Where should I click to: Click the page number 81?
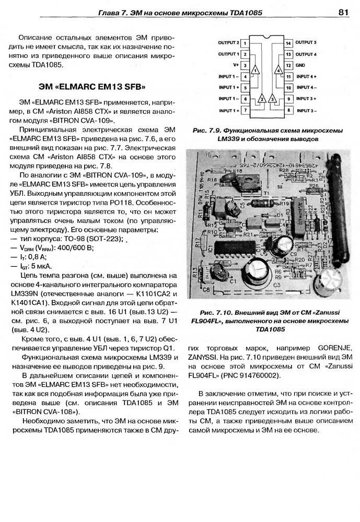click(343, 11)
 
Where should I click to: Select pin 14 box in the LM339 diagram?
click(288, 42)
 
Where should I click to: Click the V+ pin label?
click(236, 65)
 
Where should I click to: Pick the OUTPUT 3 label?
click(306, 42)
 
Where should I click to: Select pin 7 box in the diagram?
click(245, 111)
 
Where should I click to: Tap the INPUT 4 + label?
click(307, 77)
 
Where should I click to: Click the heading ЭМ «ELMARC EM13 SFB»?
click(92, 86)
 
